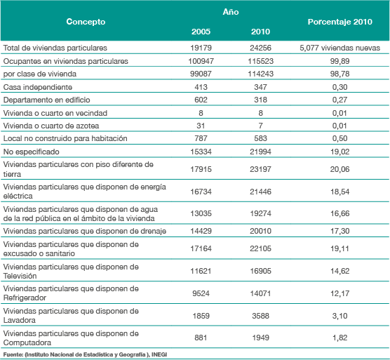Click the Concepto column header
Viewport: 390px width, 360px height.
[86, 22]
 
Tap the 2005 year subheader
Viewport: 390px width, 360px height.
[201, 32]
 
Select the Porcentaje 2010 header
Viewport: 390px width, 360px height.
[339, 22]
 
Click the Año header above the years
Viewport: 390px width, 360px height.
[231, 12]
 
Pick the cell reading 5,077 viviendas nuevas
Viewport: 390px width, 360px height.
[339, 48]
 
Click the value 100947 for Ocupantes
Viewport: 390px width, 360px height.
[201, 61]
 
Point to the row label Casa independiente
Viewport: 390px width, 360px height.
[38, 87]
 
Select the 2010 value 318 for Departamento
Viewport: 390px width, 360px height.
[260, 100]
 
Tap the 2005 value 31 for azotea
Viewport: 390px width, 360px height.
[201, 126]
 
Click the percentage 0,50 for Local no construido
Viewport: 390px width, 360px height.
[339, 138]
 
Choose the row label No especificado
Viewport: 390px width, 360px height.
[31, 152]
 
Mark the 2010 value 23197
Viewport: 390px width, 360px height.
[260, 169]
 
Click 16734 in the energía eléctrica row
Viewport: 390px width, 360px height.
[201, 192]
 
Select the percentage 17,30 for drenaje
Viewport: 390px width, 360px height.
[339, 231]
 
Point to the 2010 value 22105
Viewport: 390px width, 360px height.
[260, 248]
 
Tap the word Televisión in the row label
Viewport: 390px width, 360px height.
[20, 276]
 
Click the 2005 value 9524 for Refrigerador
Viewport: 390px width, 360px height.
[201, 293]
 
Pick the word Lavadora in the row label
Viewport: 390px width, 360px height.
[20, 320]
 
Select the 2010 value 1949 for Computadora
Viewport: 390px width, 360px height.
[260, 338]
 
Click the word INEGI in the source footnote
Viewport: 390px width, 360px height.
[159, 354]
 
